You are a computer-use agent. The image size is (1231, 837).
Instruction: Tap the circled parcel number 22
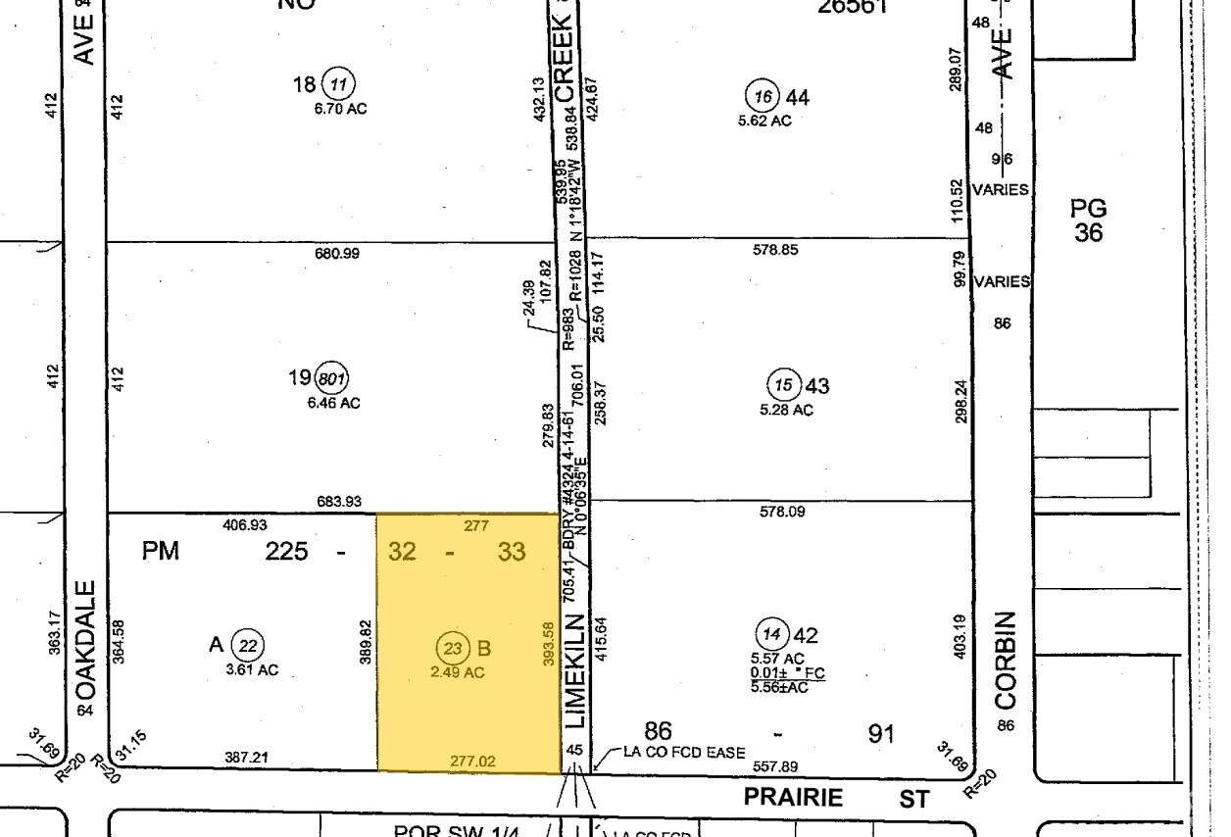250,645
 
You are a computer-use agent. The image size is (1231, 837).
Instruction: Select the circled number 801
333,378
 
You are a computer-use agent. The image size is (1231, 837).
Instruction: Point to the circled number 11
337,84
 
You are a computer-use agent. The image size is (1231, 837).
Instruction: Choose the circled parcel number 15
782,384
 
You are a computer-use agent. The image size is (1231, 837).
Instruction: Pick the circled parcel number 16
763,96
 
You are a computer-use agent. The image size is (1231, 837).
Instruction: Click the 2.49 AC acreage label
458,673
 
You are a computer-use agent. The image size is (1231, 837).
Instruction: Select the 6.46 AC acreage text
334,403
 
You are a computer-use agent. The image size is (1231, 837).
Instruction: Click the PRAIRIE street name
793,798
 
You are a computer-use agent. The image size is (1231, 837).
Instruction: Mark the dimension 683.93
338,502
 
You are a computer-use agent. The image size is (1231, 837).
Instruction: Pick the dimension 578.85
775,250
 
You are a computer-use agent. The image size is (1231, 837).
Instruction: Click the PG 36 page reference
1088,221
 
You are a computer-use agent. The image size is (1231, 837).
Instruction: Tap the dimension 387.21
247,759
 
